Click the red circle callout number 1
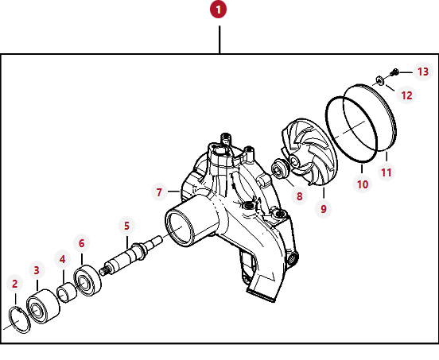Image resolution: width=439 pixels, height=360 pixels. click(x=218, y=10)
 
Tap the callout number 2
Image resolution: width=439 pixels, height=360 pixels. click(x=15, y=284)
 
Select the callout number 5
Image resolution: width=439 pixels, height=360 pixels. click(x=126, y=226)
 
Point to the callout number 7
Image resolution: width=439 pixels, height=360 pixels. click(x=159, y=192)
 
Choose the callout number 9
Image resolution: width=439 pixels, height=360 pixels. click(x=324, y=209)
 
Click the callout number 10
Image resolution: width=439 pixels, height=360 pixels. click(x=363, y=184)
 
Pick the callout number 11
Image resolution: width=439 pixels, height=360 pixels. click(x=387, y=172)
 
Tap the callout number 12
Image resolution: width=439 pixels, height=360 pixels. click(x=406, y=95)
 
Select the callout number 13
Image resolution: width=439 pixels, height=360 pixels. click(x=423, y=72)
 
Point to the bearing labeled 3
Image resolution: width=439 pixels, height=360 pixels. click(x=43, y=307)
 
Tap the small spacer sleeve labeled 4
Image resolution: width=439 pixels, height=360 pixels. click(x=67, y=292)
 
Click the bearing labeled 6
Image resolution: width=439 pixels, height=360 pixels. click(x=87, y=281)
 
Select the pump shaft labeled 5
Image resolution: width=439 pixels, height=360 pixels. click(x=130, y=255)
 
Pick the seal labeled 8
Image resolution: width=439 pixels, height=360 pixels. click(x=280, y=168)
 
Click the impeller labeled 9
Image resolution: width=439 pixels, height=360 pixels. click(x=309, y=152)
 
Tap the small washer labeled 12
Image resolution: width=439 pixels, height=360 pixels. click(x=380, y=80)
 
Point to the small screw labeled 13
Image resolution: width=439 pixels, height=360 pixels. click(x=394, y=72)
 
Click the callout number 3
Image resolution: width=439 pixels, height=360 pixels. click(x=37, y=270)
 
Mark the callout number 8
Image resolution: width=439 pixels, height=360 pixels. click(x=299, y=196)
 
